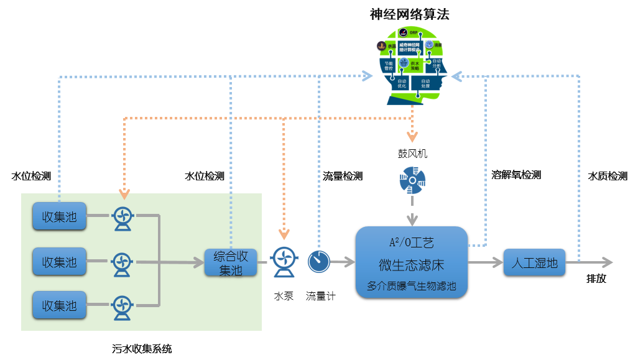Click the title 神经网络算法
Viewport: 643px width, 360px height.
point(409,14)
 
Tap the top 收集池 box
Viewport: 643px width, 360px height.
point(59,216)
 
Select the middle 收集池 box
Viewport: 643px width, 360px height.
point(59,261)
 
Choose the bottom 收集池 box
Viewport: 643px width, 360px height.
point(59,305)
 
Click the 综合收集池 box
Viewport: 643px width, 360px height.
point(231,262)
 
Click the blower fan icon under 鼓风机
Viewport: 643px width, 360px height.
point(412,180)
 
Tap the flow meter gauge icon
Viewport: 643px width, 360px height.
point(319,262)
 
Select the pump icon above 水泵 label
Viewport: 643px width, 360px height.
point(284,262)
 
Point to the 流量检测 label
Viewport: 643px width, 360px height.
point(342,176)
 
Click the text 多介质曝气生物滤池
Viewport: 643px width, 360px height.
point(411,287)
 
